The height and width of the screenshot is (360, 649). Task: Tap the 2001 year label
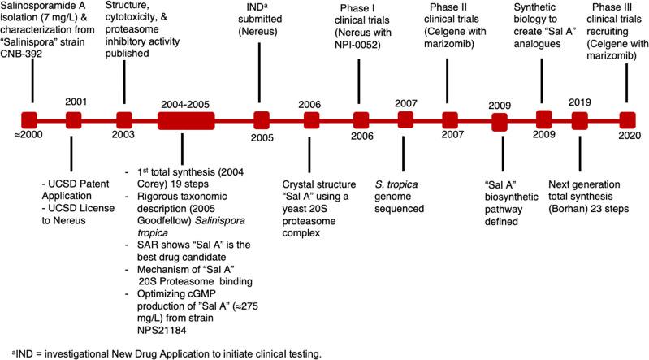point(75,103)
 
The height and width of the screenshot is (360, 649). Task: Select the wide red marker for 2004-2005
point(185,120)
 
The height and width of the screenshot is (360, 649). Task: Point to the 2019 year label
point(579,103)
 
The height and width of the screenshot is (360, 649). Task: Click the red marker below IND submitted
point(261,120)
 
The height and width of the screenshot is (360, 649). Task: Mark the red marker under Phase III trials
point(626,120)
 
